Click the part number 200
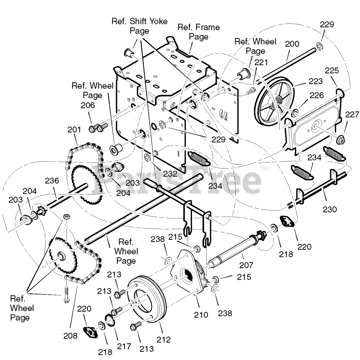(x=292, y=44)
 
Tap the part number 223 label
(x=315, y=81)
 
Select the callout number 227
(x=352, y=115)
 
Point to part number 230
(x=330, y=209)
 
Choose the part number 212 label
(x=164, y=339)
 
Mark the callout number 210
(x=201, y=314)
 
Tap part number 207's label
(x=246, y=265)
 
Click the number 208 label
(x=70, y=336)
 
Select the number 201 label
(x=74, y=130)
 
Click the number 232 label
(x=170, y=174)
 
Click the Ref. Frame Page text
(x=198, y=32)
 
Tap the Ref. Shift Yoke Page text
(x=139, y=26)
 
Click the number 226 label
(x=317, y=96)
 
